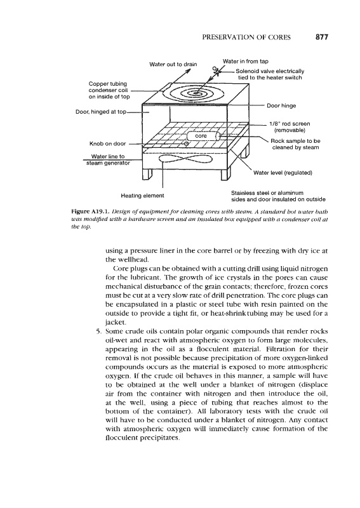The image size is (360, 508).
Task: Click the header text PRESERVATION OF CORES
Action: pyautogui.click(x=246, y=37)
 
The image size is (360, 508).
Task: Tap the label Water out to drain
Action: pyautogui.click(x=173, y=64)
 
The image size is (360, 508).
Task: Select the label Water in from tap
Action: pyautogui.click(x=246, y=61)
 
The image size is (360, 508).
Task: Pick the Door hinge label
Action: pyautogui.click(x=281, y=105)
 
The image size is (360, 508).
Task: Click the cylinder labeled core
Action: pyautogui.click(x=201, y=136)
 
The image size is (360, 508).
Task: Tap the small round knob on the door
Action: pyautogui.click(x=186, y=144)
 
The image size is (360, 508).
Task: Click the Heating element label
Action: pyautogui.click(x=143, y=196)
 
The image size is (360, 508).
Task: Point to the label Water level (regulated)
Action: pyautogui.click(x=283, y=173)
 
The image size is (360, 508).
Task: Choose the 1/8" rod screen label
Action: pyautogui.click(x=290, y=127)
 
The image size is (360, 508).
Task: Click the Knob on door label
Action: pyautogui.click(x=107, y=144)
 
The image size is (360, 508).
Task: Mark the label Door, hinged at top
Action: pyautogui.click(x=101, y=112)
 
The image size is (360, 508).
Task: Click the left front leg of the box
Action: pyautogui.click(x=147, y=175)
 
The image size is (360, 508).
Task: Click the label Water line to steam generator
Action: pyautogui.click(x=108, y=160)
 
